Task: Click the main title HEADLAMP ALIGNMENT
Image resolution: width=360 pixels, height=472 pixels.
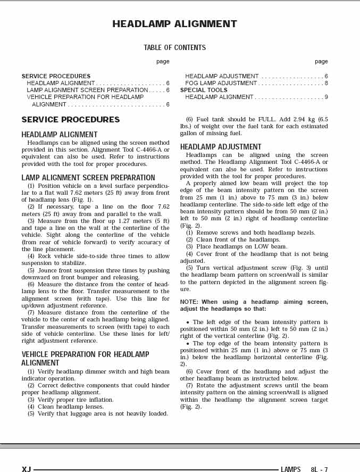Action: [174, 24]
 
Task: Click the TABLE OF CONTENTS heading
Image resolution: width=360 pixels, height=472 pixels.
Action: [174, 48]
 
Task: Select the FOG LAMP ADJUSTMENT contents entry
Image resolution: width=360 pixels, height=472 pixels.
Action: [221, 83]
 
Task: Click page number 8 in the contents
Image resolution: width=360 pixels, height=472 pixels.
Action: [326, 83]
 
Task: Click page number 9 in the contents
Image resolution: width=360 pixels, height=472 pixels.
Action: [326, 97]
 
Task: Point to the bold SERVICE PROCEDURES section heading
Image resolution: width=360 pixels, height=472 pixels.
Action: [70, 120]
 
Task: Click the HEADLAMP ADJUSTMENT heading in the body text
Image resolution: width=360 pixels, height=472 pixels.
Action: [221, 147]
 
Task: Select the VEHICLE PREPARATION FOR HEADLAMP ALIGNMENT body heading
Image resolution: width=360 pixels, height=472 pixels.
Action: [85, 359]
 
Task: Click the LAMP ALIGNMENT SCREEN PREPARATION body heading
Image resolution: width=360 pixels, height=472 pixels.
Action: [88, 178]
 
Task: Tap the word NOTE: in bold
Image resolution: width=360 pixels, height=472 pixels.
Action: [189, 302]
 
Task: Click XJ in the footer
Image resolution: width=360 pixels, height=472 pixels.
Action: [26, 469]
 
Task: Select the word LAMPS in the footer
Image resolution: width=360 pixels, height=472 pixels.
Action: [290, 469]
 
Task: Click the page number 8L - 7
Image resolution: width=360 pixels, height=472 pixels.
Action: [319, 469]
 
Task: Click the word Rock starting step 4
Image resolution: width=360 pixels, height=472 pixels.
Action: [45, 256]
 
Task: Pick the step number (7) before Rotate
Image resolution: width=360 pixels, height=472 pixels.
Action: [189, 385]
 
